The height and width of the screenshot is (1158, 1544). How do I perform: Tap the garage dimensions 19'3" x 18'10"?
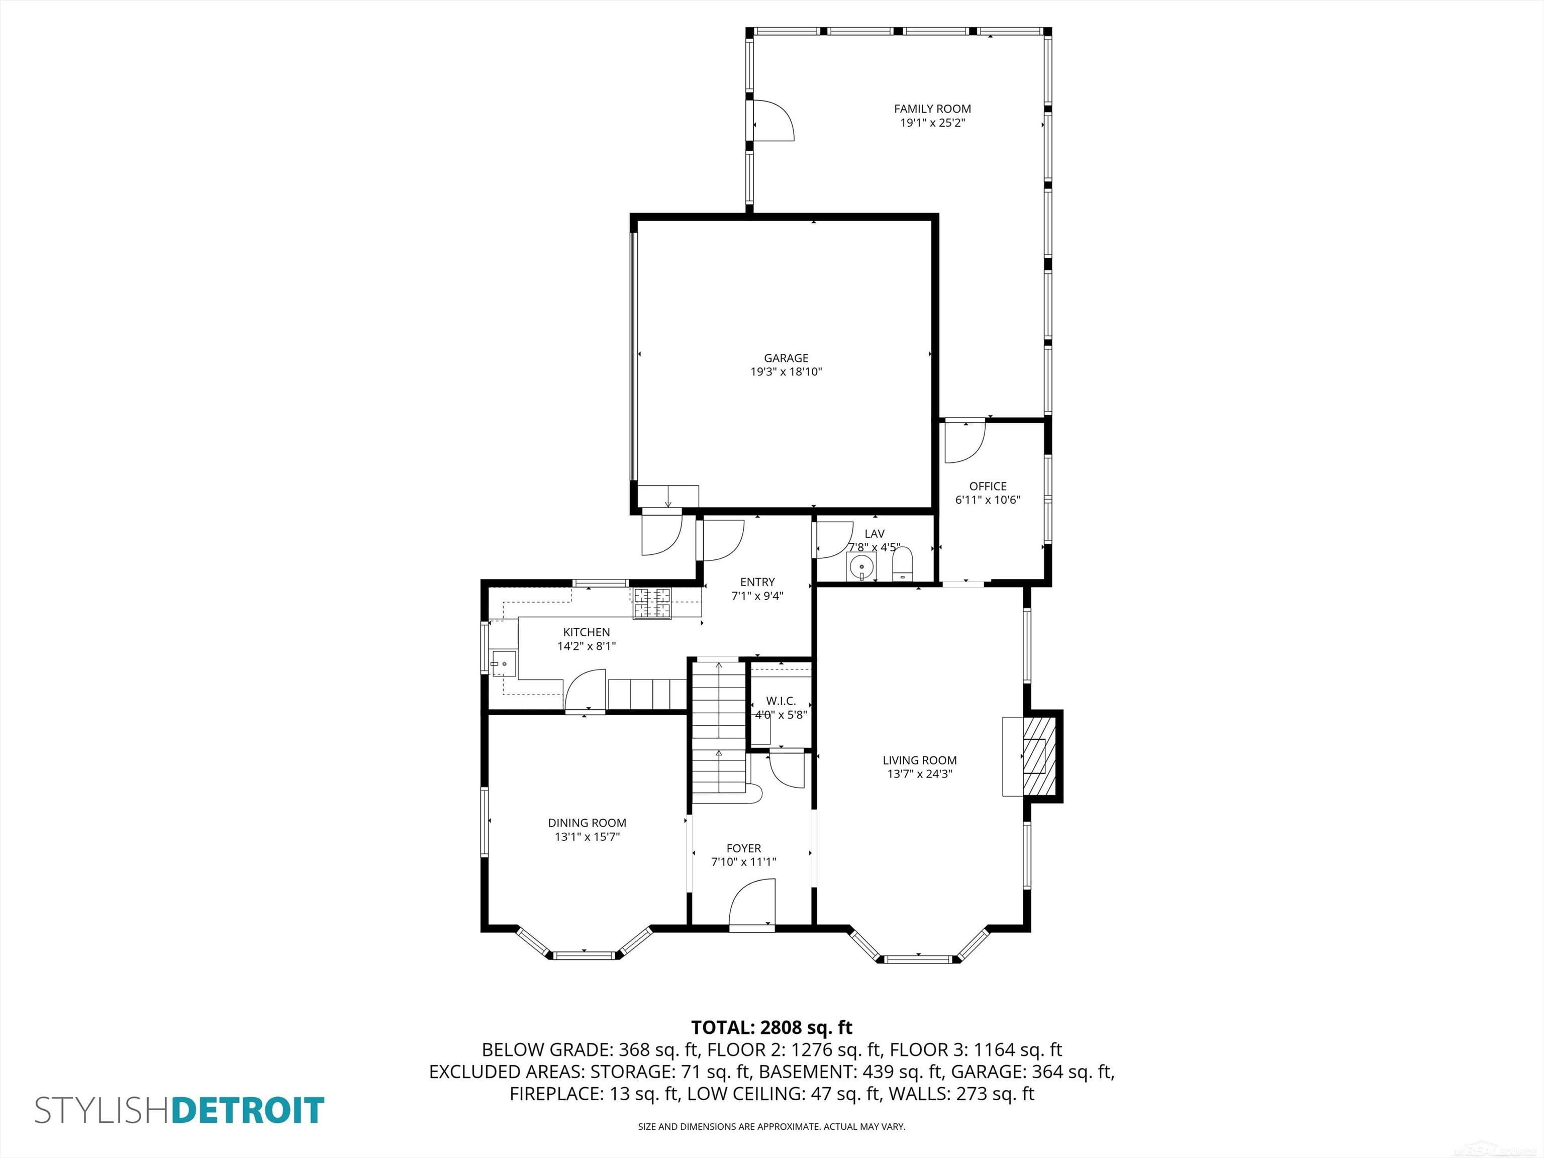coord(786,372)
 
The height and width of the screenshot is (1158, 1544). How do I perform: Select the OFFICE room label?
coord(988,486)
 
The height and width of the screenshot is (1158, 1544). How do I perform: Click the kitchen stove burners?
coord(652,603)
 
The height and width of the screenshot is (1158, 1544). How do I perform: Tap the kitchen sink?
coord(503,663)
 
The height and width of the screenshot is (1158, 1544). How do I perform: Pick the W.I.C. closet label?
coord(781,701)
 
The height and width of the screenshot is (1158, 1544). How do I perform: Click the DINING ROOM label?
coord(587,823)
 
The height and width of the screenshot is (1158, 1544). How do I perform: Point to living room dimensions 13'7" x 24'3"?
coord(919,774)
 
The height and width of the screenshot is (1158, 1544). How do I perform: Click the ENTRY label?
coord(757,582)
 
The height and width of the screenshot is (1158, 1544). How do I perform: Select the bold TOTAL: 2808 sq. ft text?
coord(771,1027)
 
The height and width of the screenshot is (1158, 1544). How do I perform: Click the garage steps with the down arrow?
coord(668,496)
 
